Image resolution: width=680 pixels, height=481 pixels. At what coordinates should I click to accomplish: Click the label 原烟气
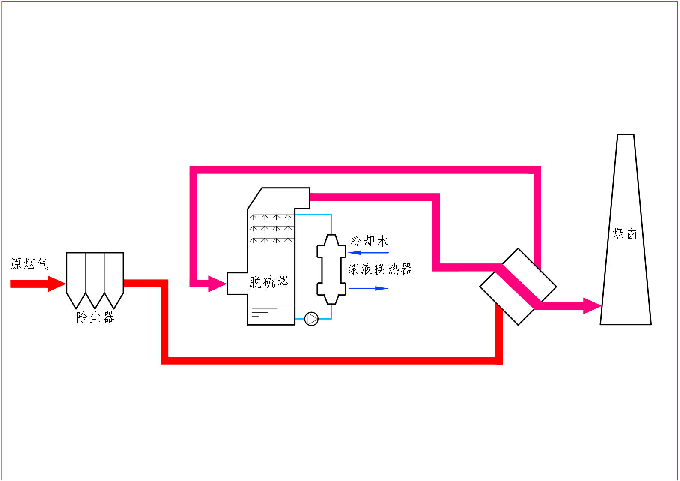[x=29, y=264]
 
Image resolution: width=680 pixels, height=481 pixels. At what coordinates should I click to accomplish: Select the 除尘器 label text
[x=95, y=317]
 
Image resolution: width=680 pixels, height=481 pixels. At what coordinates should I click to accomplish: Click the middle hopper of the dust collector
[x=95, y=299]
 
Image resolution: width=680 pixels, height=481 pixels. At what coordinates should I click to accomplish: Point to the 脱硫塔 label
[x=269, y=282]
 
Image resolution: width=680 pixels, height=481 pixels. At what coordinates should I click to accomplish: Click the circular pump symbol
[x=311, y=319]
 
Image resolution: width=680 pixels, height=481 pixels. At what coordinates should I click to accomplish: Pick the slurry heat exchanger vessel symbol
[x=331, y=269]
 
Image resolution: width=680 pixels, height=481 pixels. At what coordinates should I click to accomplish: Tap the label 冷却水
[x=369, y=241]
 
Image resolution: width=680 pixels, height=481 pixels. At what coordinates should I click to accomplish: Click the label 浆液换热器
[x=380, y=269]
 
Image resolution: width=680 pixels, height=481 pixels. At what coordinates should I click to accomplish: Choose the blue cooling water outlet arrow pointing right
[x=368, y=288]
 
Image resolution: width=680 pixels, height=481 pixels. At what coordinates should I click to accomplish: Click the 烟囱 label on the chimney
[x=625, y=234]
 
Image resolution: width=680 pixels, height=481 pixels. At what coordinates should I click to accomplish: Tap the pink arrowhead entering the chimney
[x=593, y=306]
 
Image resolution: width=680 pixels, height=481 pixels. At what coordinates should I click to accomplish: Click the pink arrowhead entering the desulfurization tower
[x=217, y=283]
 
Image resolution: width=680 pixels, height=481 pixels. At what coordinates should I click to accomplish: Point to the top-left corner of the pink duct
[x=194, y=170]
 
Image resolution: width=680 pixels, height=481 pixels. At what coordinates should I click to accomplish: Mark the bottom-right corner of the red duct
[x=499, y=361]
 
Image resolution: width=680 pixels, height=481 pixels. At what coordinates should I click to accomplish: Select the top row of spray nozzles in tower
[x=271, y=217]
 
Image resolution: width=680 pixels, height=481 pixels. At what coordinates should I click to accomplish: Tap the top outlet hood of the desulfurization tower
[x=285, y=198]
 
